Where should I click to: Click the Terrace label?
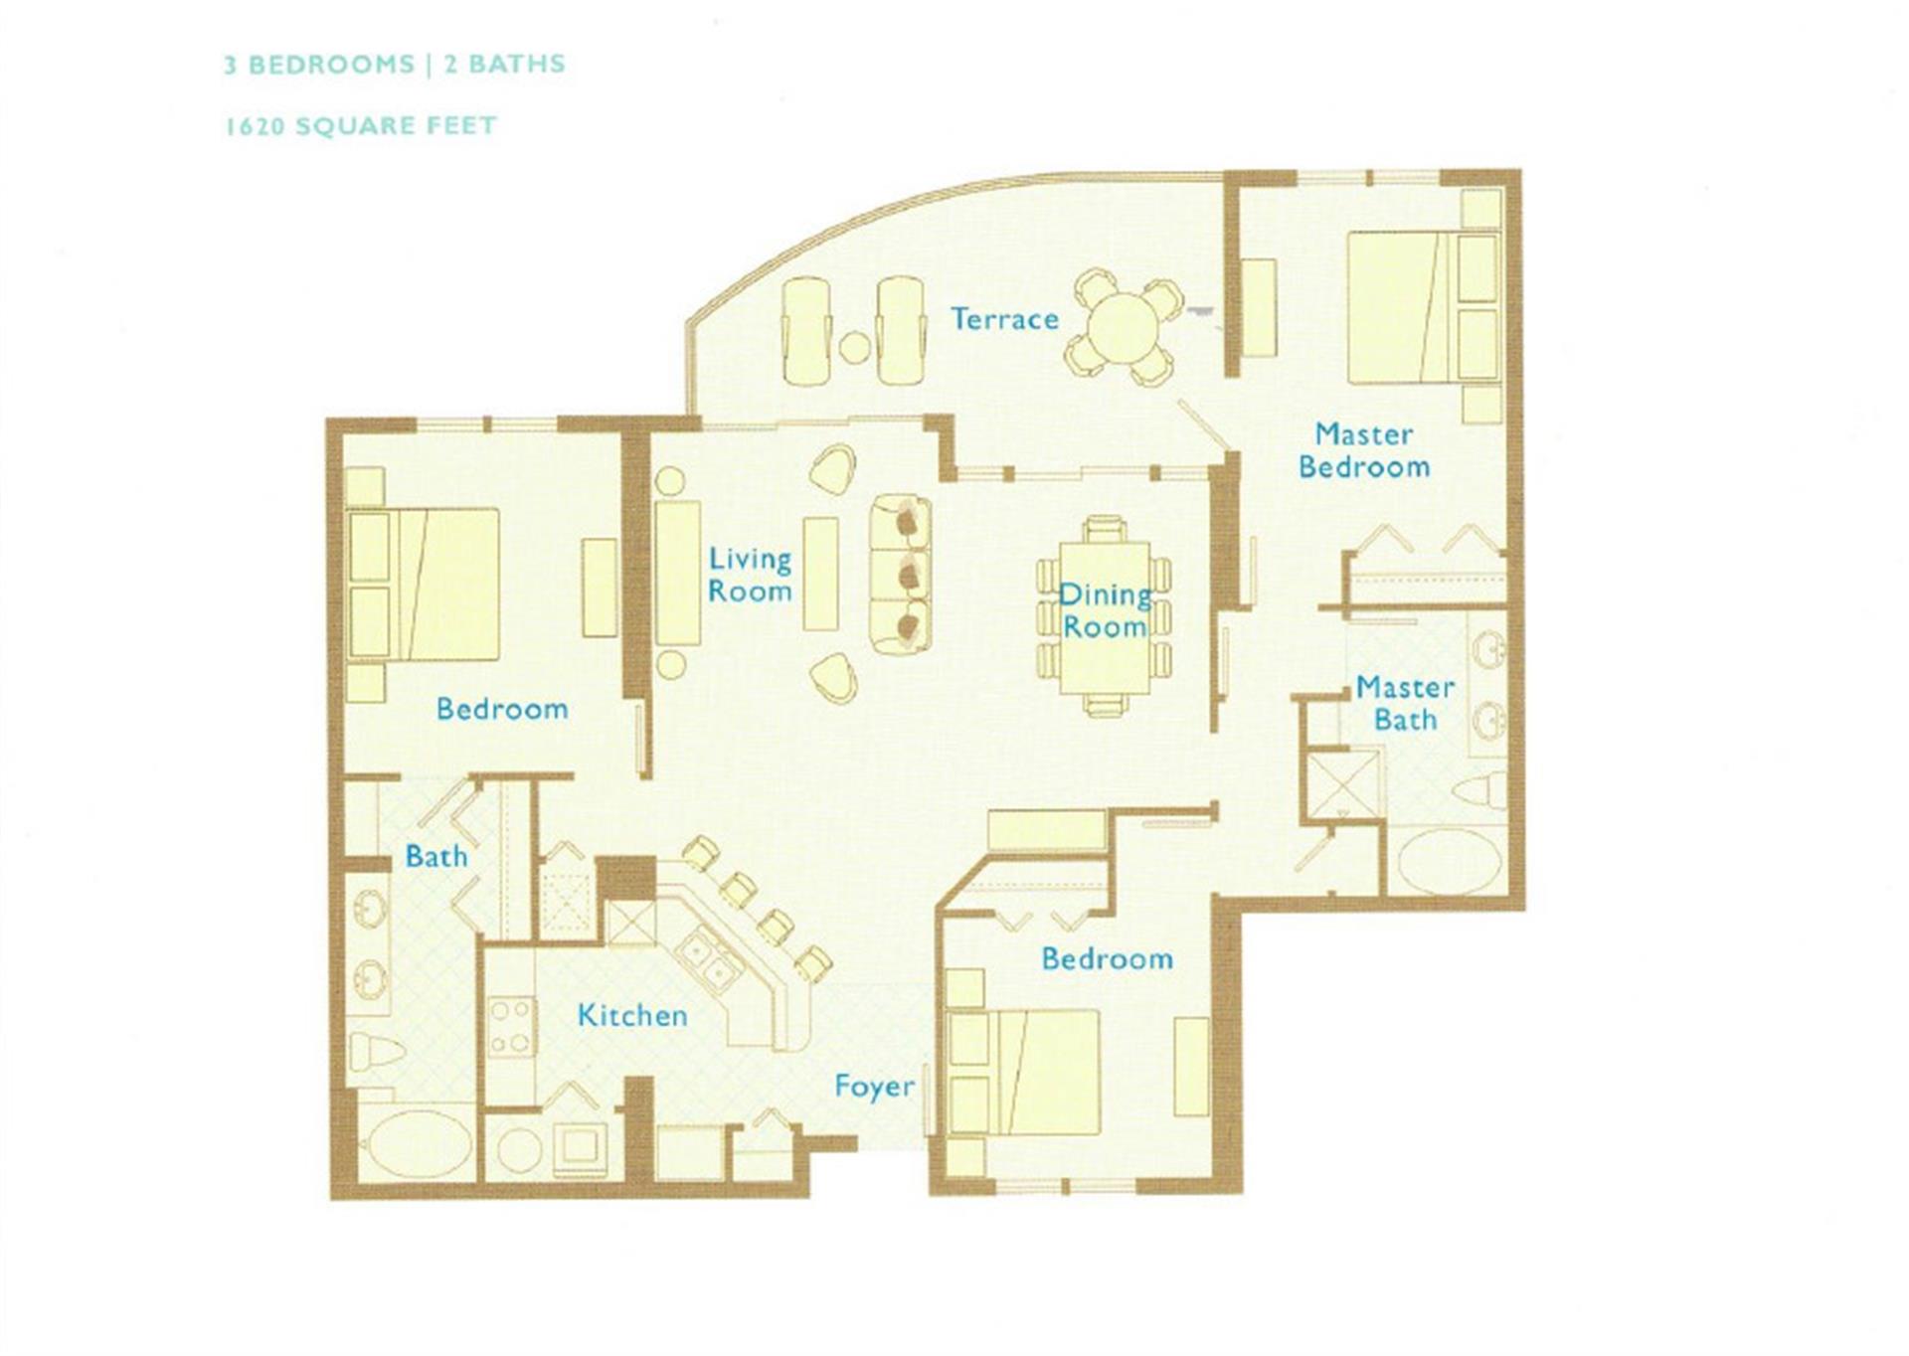[x=1004, y=319]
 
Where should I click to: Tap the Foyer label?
[x=874, y=1086]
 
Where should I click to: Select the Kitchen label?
[x=632, y=1015]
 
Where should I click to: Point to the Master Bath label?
[x=1405, y=703]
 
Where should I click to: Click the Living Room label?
[x=750, y=575]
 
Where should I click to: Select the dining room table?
[x=1104, y=617]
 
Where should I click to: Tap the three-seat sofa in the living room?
[x=901, y=575]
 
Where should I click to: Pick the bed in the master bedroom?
[x=1423, y=307]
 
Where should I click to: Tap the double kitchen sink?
[x=707, y=956]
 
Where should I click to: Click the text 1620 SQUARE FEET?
[x=361, y=126]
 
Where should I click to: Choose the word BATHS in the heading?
[x=517, y=64]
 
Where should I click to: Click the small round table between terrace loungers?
[x=855, y=348]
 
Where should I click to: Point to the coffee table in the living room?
[x=820, y=573]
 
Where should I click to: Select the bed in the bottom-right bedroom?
[x=1024, y=1072]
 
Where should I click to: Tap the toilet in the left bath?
[x=379, y=1052]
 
